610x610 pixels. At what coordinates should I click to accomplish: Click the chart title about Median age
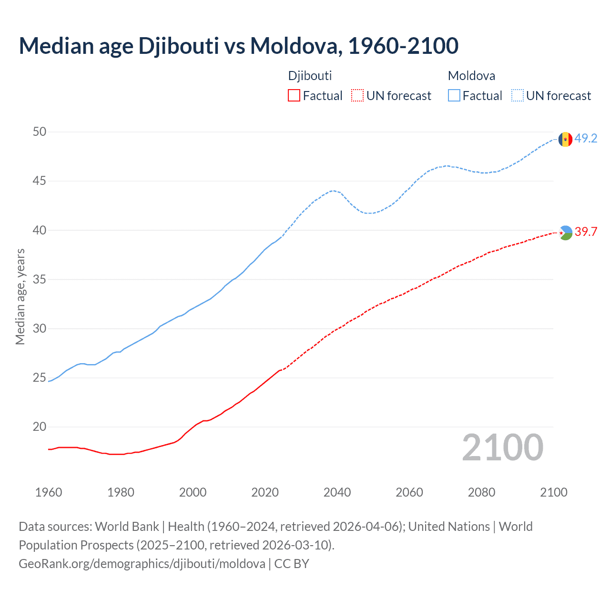[x=238, y=46]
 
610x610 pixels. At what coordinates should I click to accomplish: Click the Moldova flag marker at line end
[x=565, y=139]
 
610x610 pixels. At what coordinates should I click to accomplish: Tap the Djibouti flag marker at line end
[x=565, y=233]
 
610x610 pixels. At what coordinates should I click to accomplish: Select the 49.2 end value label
[x=586, y=139]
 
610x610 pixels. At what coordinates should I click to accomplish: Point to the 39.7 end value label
[x=586, y=232]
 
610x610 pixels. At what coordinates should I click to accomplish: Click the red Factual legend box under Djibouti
[x=294, y=96]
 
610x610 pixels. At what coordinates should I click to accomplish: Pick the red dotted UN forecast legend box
[x=357, y=96]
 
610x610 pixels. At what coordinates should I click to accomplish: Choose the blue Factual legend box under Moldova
[x=454, y=96]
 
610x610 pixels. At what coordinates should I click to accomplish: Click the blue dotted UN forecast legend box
[x=518, y=96]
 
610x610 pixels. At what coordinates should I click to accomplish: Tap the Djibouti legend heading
[x=310, y=76]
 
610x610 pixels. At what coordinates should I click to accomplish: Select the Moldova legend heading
[x=471, y=76]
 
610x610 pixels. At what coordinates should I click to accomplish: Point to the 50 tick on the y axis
[x=40, y=132]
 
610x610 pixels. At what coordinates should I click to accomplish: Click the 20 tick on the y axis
[x=40, y=427]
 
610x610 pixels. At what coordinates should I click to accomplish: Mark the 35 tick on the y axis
[x=40, y=279]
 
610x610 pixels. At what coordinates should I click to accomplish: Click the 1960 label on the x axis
[x=49, y=492]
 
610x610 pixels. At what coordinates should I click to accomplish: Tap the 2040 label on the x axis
[x=337, y=492]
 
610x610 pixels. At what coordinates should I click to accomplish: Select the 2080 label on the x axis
[x=481, y=492]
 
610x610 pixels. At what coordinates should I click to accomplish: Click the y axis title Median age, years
[x=20, y=296]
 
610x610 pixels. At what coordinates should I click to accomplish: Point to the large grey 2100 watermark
[x=502, y=447]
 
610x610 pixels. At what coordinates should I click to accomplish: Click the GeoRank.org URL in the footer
[x=142, y=564]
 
